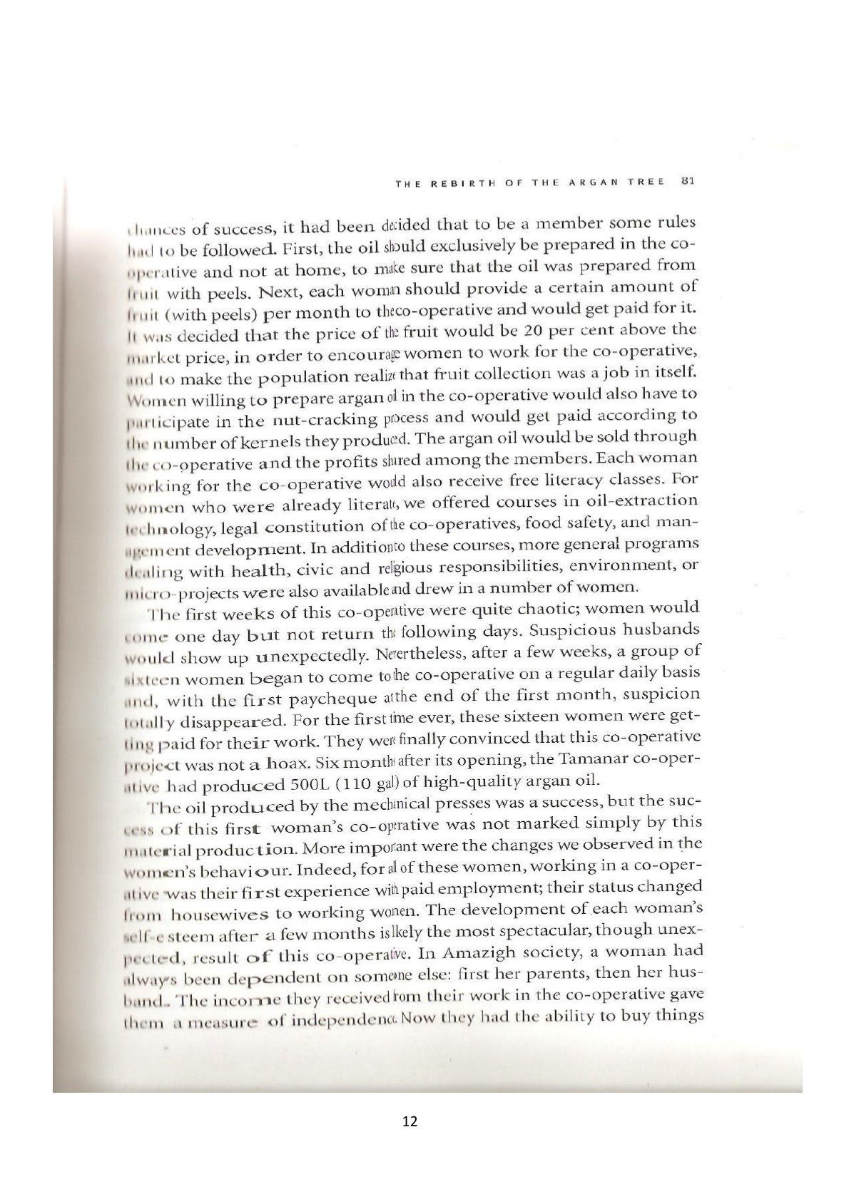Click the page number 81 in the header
[x=688, y=180]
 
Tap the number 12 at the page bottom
[x=410, y=1121]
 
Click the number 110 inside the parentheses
[x=352, y=784]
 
